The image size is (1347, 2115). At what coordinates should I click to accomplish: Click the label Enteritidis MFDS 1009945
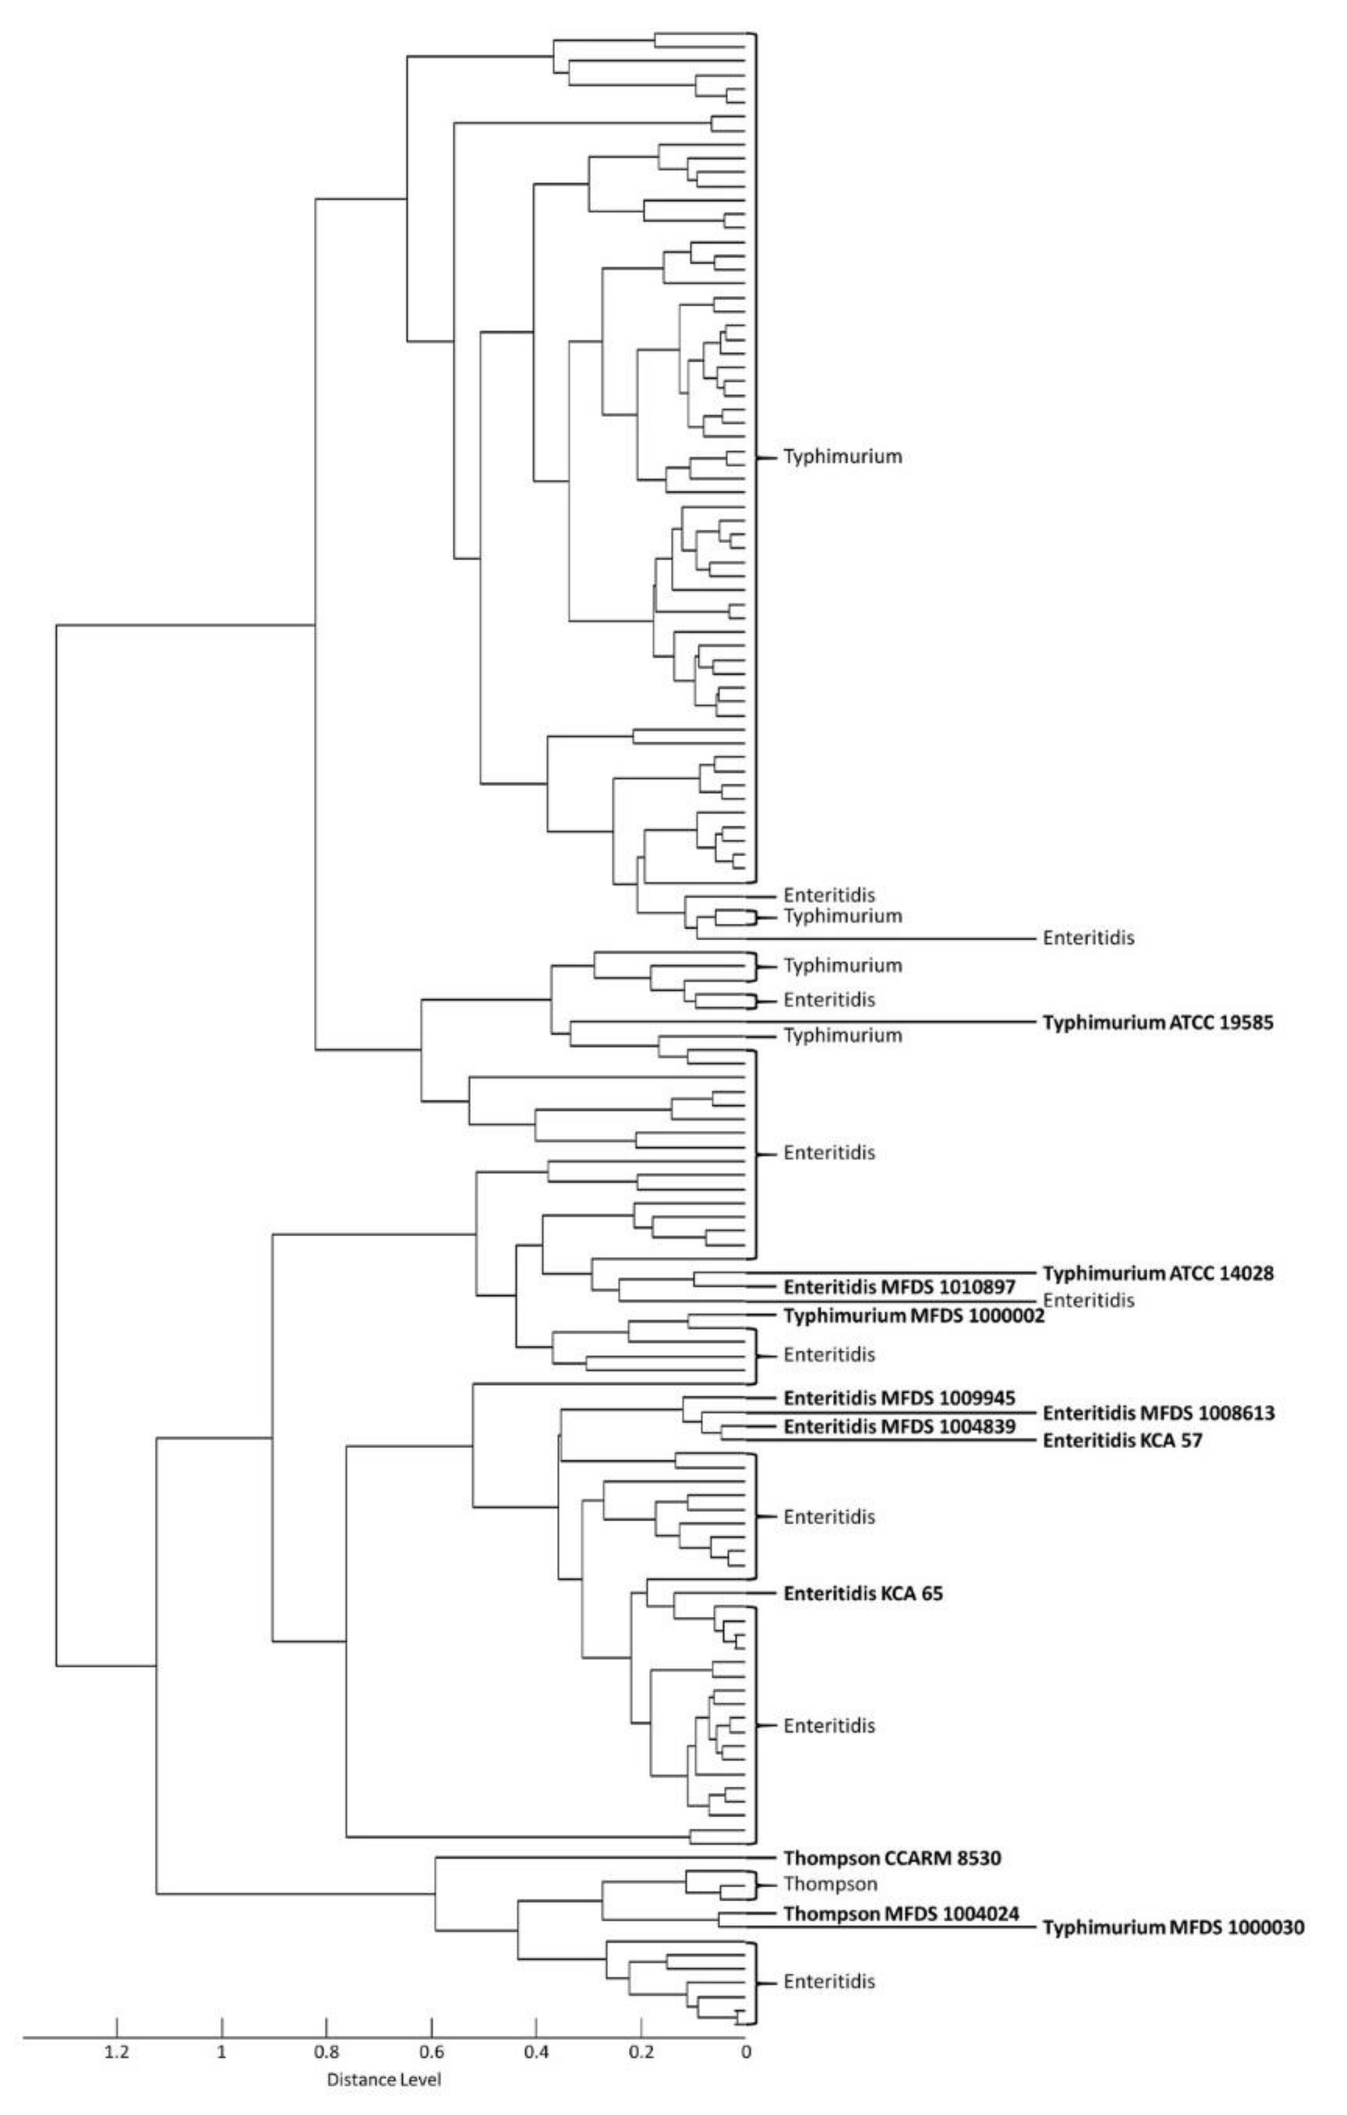pos(899,1397)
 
